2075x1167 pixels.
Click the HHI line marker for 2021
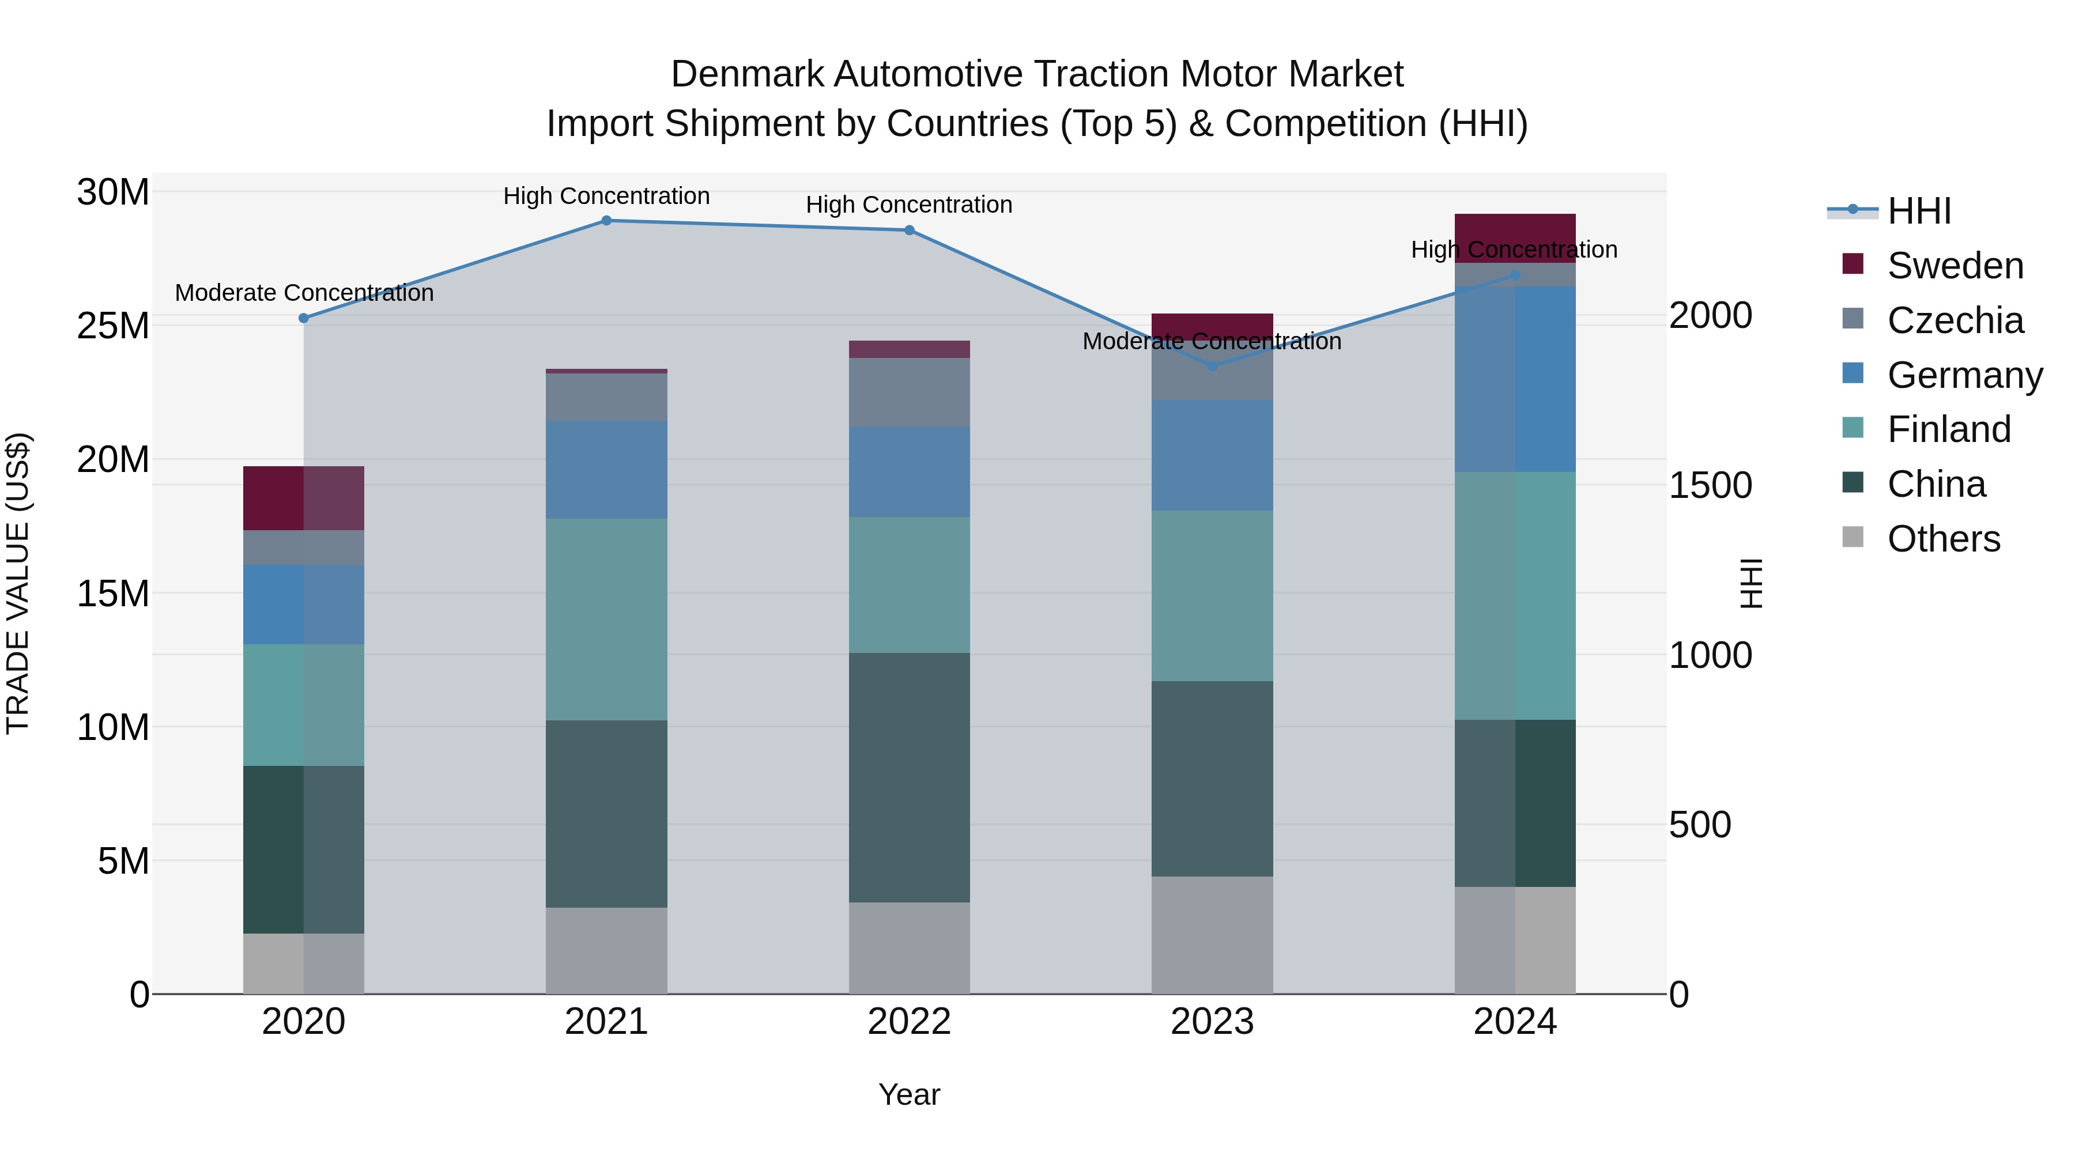pos(606,221)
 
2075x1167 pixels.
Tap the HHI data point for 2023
pos(1212,365)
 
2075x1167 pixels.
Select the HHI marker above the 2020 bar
pos(304,318)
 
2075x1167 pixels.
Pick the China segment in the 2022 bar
pos(910,777)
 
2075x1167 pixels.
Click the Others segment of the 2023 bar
pos(1212,934)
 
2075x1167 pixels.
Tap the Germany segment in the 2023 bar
pos(1212,455)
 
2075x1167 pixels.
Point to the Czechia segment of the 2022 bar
pos(910,392)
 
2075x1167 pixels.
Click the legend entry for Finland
pos(1949,429)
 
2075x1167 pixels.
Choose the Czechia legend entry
pos(1955,320)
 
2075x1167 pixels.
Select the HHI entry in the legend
pos(1919,211)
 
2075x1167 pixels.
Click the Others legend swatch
pos(1853,537)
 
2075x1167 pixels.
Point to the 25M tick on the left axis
pos(113,326)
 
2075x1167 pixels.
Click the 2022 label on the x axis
pos(910,1022)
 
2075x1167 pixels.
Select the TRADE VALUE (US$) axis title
pos(18,583)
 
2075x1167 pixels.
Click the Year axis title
pos(910,1094)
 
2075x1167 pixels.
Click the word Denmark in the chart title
pos(746,74)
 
